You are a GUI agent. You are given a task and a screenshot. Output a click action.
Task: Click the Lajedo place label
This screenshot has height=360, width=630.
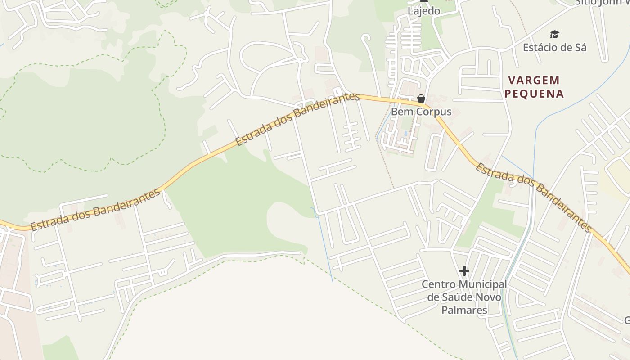pyautogui.click(x=423, y=11)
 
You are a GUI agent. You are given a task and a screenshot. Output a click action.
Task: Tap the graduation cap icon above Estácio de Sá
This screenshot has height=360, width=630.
pyautogui.click(x=554, y=35)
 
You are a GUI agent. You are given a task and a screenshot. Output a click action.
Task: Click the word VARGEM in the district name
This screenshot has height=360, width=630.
pyautogui.click(x=534, y=81)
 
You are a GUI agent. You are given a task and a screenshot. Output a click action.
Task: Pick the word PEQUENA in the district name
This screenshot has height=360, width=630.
pyautogui.click(x=534, y=94)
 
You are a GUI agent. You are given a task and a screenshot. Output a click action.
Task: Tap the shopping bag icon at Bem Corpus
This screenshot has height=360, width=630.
pyautogui.click(x=421, y=99)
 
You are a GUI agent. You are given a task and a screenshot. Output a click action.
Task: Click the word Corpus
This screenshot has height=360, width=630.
pyautogui.click(x=433, y=111)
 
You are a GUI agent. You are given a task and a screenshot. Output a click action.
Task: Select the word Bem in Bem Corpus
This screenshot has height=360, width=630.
pyautogui.click(x=400, y=111)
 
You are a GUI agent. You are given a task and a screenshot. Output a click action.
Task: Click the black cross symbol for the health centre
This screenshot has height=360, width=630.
pyautogui.click(x=464, y=271)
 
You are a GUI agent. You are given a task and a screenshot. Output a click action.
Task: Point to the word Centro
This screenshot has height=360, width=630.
pyautogui.click(x=437, y=284)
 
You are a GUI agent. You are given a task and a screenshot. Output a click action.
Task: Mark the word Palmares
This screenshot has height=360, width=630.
pyautogui.click(x=464, y=310)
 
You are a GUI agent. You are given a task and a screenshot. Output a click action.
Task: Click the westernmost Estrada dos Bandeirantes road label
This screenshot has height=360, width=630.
pyautogui.click(x=95, y=210)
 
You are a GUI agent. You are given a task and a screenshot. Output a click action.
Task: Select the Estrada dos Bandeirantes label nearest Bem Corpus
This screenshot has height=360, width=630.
pyautogui.click(x=297, y=119)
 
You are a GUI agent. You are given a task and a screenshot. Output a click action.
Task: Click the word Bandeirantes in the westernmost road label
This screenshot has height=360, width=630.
pyautogui.click(x=126, y=202)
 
